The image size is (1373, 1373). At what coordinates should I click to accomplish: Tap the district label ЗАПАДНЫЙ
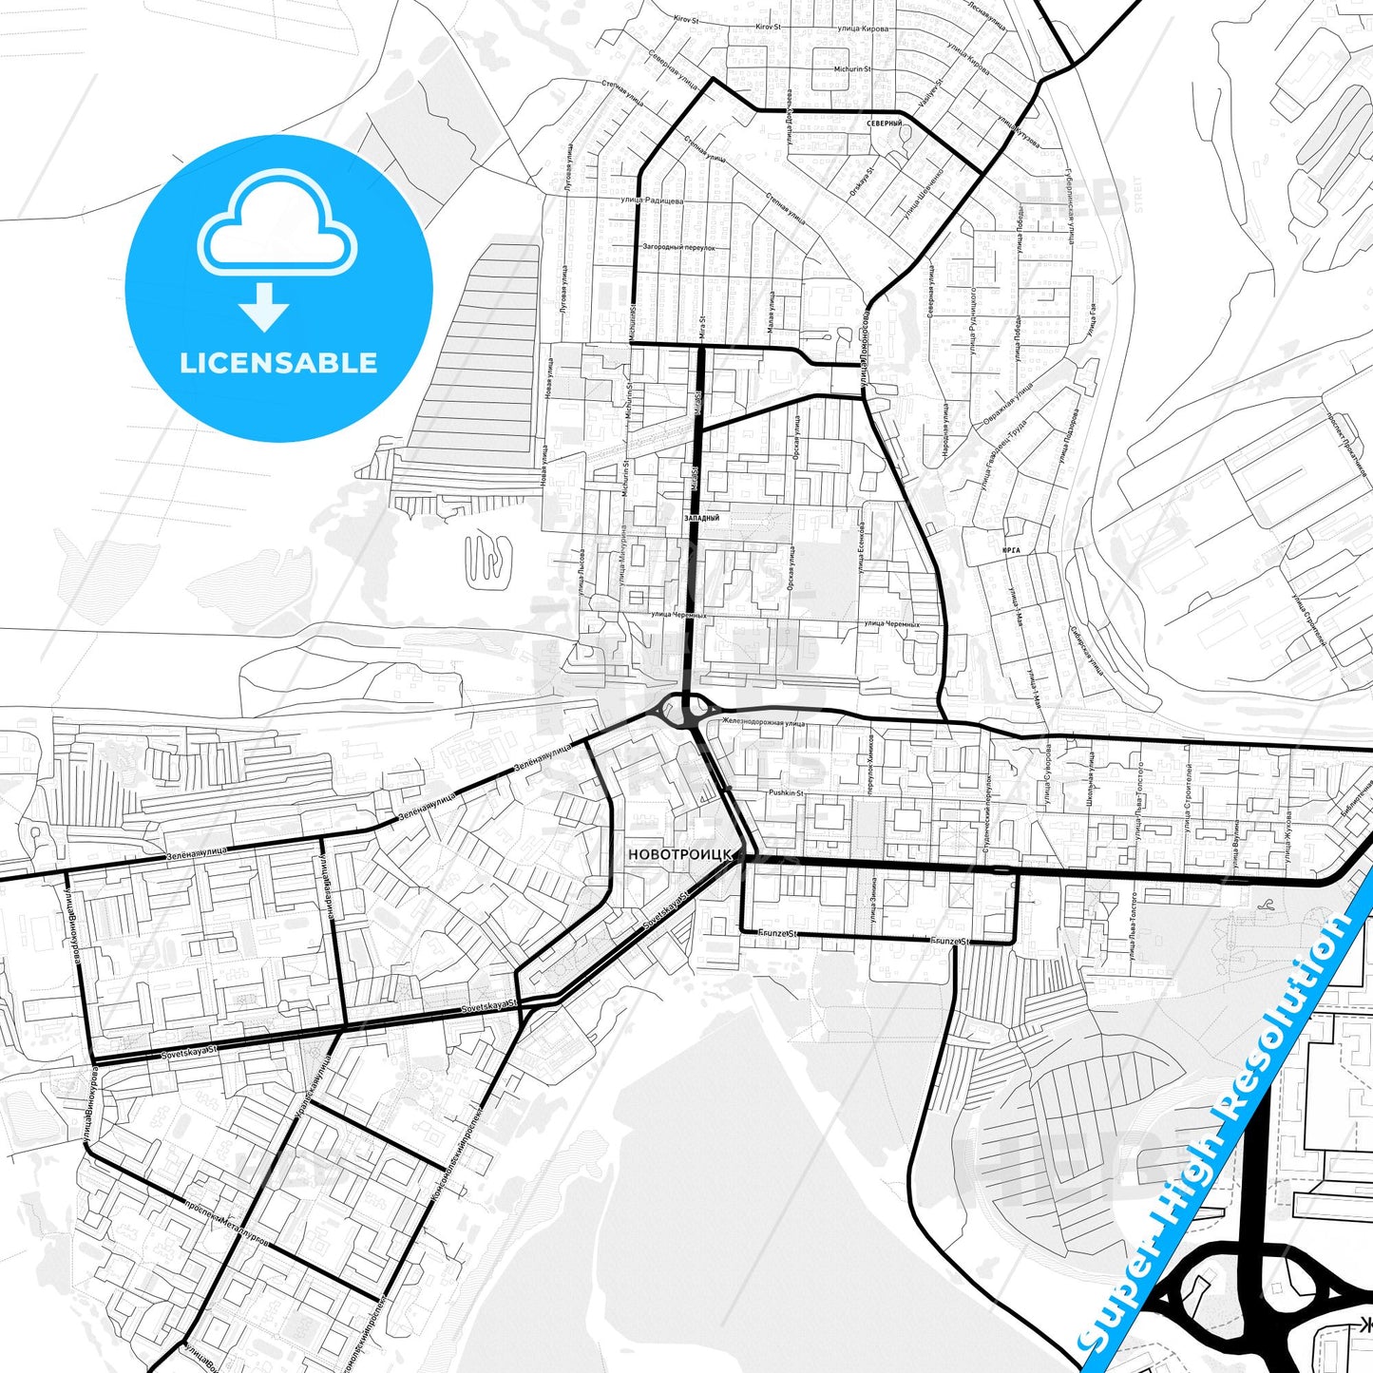click(701, 519)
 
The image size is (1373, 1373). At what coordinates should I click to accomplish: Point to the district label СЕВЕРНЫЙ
click(884, 124)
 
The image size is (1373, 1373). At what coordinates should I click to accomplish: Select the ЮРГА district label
click(1011, 550)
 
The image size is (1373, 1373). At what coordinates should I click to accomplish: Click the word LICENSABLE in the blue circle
click(278, 363)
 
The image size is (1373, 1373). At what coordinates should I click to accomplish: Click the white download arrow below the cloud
click(264, 306)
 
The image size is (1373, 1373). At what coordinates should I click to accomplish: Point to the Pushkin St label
click(786, 792)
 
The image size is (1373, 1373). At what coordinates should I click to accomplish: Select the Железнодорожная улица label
click(763, 723)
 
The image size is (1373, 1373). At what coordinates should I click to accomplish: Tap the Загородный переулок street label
click(678, 247)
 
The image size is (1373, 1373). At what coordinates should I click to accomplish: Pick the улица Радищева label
click(647, 200)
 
